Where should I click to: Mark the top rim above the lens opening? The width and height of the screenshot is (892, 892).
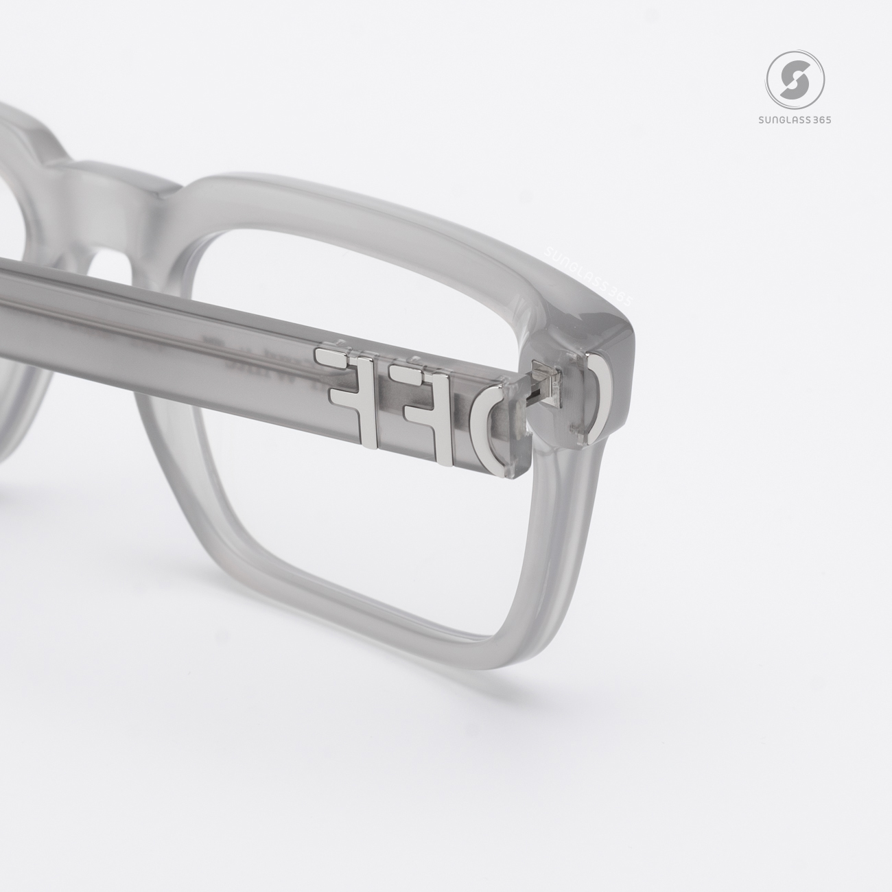(384, 206)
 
